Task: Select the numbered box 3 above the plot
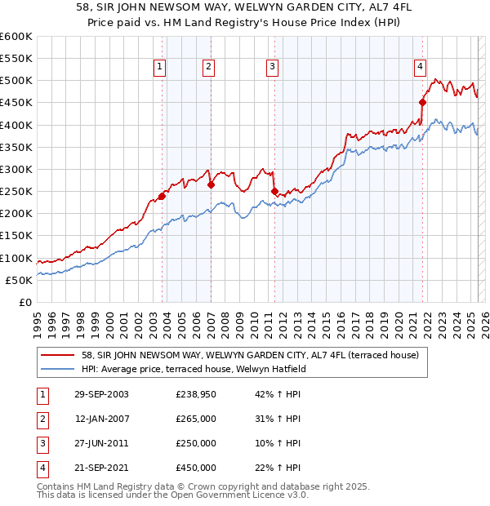(x=272, y=67)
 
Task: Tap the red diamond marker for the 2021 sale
(x=423, y=103)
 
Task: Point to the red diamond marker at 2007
(x=211, y=184)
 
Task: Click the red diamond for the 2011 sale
(x=274, y=191)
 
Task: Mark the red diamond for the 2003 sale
(x=163, y=196)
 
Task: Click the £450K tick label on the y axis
(x=16, y=103)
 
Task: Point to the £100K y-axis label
(x=16, y=258)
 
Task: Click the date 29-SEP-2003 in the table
(x=101, y=394)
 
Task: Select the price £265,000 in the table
(x=196, y=419)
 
